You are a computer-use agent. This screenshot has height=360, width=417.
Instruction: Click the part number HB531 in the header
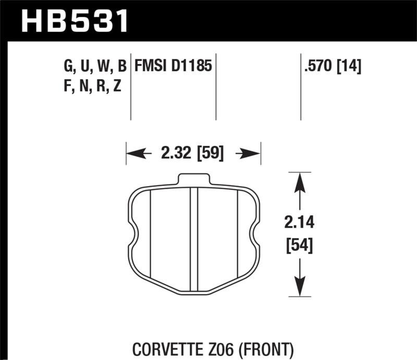[75, 21]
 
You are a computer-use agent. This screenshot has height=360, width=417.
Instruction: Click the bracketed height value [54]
[299, 244]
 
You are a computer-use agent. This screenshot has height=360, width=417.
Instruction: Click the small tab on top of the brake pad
[194, 179]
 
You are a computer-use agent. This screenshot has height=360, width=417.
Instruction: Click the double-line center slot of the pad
[194, 234]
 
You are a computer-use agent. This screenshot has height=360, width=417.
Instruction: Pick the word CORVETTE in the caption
[169, 349]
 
